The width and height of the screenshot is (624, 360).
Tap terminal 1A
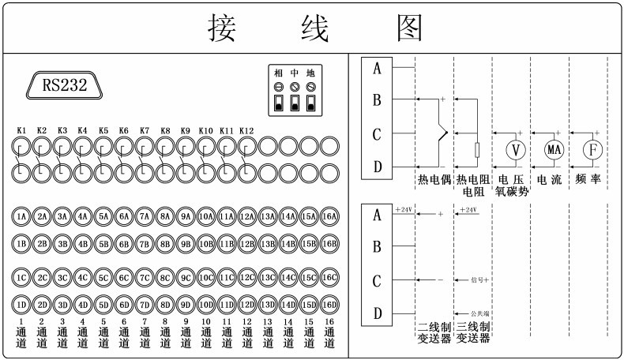coord(22,216)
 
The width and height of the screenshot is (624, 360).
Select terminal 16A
coord(329,216)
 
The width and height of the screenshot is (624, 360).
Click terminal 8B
coord(165,244)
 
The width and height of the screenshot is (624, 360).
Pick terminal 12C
coord(247,277)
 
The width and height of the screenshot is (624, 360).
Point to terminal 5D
coord(103,305)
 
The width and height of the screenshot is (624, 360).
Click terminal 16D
coord(329,305)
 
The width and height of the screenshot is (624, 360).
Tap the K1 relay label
coord(22,130)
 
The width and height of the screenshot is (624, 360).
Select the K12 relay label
coord(246,130)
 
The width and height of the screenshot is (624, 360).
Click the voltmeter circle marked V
coord(515,150)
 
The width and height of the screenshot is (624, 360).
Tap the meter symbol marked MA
coord(553,150)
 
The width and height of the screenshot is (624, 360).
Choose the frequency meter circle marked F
coord(592,150)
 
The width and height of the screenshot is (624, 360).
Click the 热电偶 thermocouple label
coord(434,181)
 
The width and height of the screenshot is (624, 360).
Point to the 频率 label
coord(589,181)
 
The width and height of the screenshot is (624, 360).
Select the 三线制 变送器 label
coord(473,332)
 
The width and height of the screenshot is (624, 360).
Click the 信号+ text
coord(480,280)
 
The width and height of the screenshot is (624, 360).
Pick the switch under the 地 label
coord(310,103)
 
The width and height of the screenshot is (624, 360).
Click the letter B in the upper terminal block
coord(378,100)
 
